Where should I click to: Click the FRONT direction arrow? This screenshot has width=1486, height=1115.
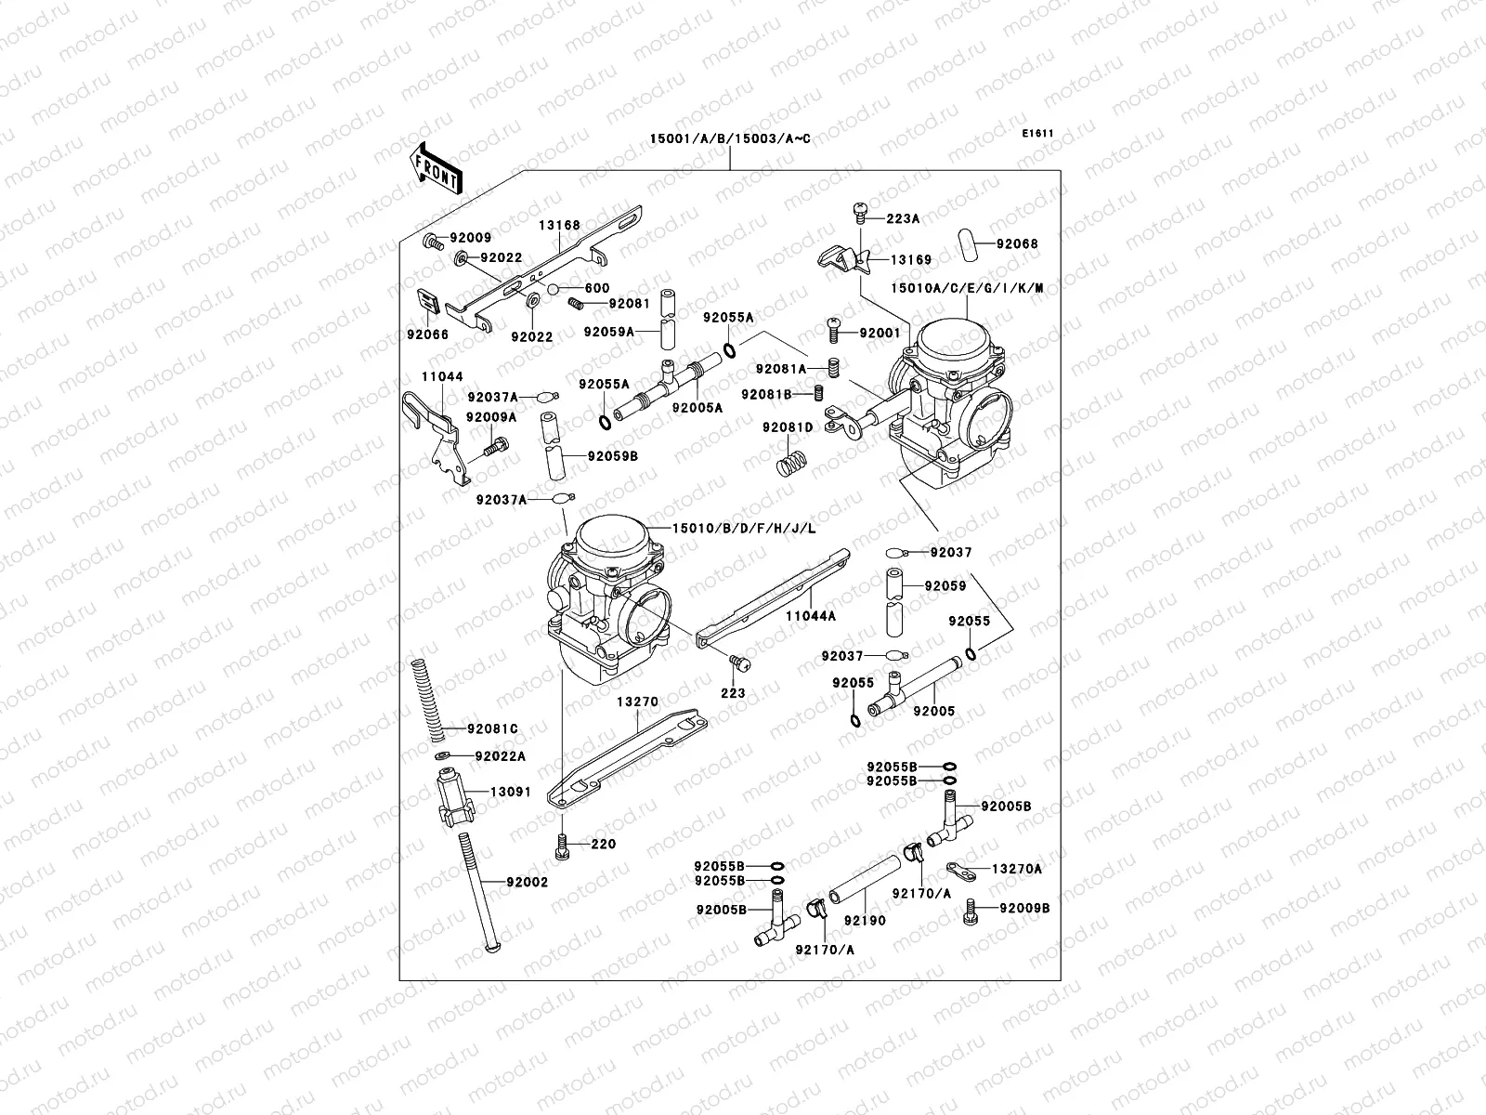click(x=437, y=168)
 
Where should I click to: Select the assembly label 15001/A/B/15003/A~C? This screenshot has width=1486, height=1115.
click(x=729, y=139)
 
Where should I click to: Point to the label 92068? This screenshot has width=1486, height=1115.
click(x=1017, y=244)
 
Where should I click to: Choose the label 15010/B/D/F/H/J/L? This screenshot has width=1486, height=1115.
click(x=744, y=529)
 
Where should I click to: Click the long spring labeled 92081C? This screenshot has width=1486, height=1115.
click(x=424, y=697)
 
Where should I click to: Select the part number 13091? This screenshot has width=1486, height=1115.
click(x=511, y=793)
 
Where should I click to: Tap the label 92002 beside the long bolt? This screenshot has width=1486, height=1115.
click(x=528, y=882)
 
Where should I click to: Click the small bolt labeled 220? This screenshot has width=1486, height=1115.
click(x=563, y=844)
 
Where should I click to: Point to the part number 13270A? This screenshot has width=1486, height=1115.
click(x=1017, y=869)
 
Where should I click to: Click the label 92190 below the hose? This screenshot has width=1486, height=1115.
click(x=865, y=921)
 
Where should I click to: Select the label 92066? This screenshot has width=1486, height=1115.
click(x=426, y=334)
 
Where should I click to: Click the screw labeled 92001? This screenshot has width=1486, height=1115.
click(x=834, y=329)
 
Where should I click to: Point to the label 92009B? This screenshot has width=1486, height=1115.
click(x=1024, y=908)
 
